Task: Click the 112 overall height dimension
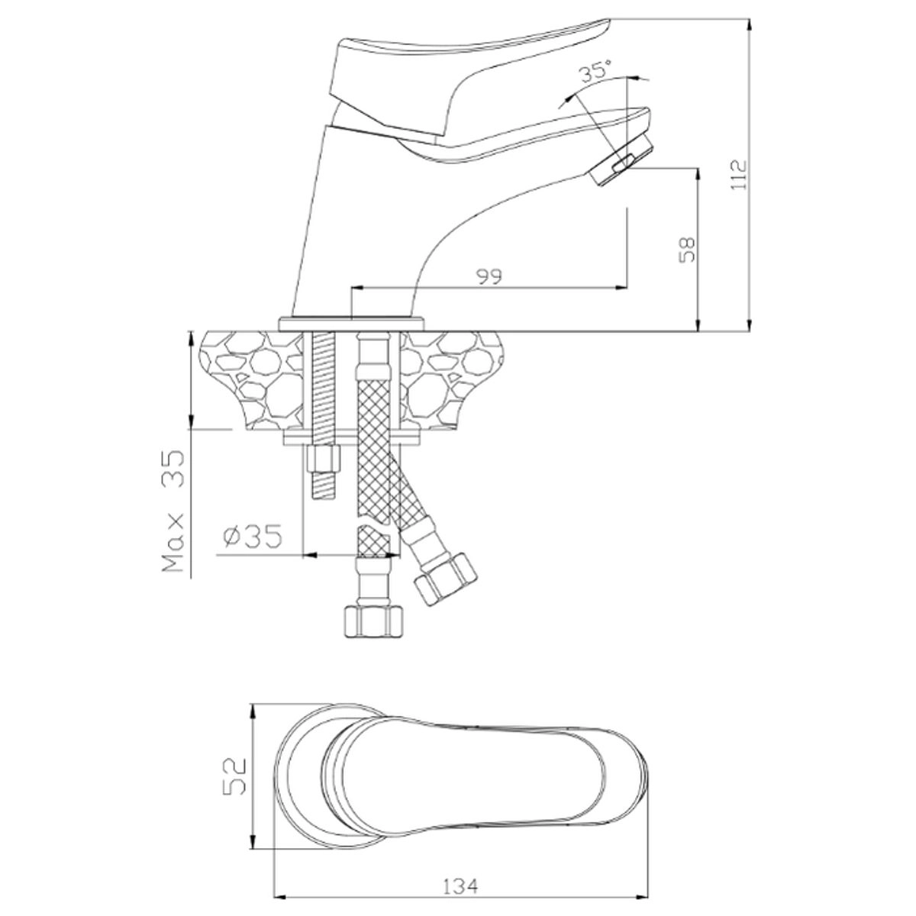point(738,176)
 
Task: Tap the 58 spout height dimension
point(687,250)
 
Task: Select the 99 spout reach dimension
point(489,276)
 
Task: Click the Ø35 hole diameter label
point(253,536)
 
